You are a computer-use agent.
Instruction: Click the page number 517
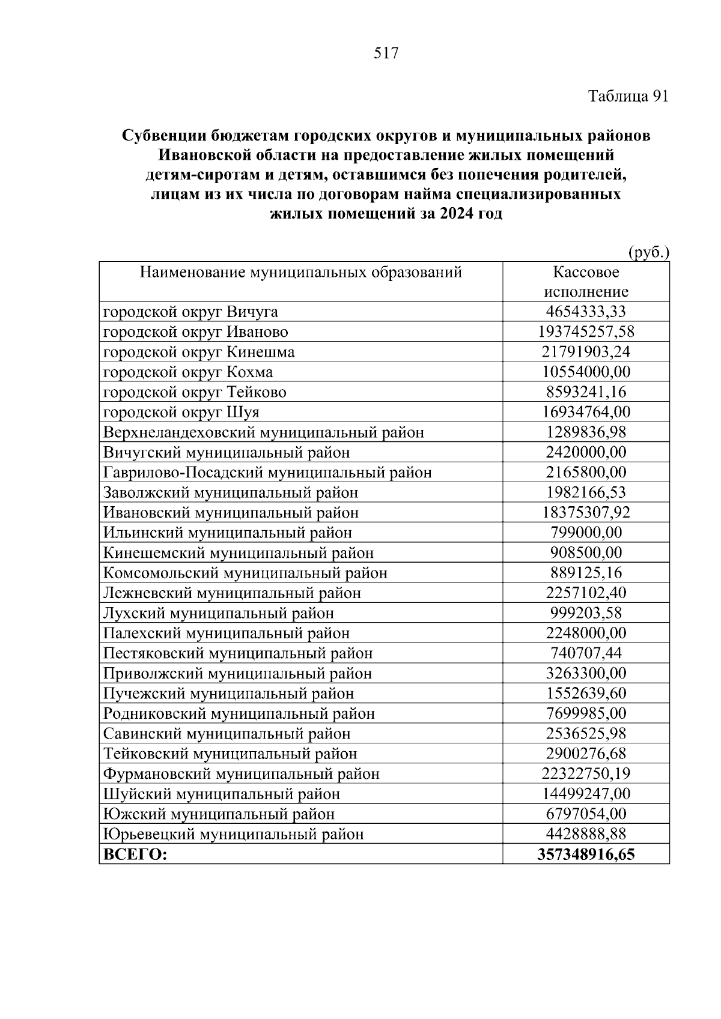click(x=386, y=53)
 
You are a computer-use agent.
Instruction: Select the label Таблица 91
click(x=628, y=97)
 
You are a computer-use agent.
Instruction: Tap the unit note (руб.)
click(x=648, y=253)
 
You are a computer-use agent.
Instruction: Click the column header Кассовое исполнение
click(x=586, y=282)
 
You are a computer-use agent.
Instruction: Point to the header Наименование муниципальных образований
click(x=300, y=273)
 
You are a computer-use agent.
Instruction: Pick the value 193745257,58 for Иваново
click(x=586, y=332)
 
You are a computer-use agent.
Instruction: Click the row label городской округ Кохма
click(x=188, y=372)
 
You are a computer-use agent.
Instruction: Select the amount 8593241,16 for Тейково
click(x=586, y=392)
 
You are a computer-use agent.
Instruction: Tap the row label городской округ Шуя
click(x=181, y=413)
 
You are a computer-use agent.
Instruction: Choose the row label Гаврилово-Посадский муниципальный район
click(x=267, y=473)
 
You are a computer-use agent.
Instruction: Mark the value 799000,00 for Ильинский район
click(x=586, y=533)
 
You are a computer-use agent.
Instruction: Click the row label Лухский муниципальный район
click(x=219, y=613)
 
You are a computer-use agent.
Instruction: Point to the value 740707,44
click(x=586, y=653)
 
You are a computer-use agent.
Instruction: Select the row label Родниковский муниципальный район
click(x=239, y=713)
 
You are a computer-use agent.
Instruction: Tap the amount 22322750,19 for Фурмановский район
click(x=586, y=774)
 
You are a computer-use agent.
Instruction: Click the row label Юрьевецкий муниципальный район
click(x=234, y=834)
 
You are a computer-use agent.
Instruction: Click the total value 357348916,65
click(x=586, y=854)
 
